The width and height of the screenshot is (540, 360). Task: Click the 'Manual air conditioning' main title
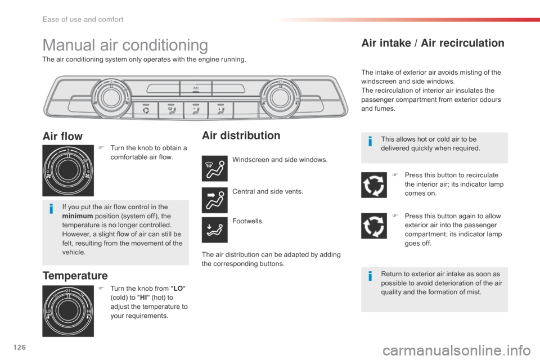point(125,46)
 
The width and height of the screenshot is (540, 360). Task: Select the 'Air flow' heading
point(62,136)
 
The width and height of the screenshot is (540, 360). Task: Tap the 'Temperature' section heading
point(75,276)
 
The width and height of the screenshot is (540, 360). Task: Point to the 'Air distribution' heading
point(241,136)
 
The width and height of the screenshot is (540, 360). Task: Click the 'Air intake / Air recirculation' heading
point(433,43)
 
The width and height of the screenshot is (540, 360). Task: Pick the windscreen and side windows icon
point(214,168)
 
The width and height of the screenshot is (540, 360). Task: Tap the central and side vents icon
point(214,200)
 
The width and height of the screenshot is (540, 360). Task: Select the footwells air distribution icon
point(214,229)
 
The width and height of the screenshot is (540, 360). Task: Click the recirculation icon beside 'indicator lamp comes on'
point(374,185)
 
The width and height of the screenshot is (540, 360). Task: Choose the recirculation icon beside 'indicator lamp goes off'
point(374,226)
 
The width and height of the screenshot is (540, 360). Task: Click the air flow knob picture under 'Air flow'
point(68,170)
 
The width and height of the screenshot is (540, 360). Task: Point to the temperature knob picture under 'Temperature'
point(68,311)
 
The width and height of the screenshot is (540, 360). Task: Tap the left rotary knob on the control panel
point(111,98)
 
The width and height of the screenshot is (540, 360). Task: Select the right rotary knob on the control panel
point(280,98)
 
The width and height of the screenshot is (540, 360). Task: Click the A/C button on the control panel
point(196,89)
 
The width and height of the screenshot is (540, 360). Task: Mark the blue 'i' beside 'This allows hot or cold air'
point(370,141)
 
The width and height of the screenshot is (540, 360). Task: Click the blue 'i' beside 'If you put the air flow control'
point(51,209)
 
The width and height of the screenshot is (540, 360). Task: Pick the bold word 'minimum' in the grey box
point(78,216)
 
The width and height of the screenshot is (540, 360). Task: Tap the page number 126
point(20,347)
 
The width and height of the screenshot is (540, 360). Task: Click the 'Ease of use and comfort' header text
point(83,19)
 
